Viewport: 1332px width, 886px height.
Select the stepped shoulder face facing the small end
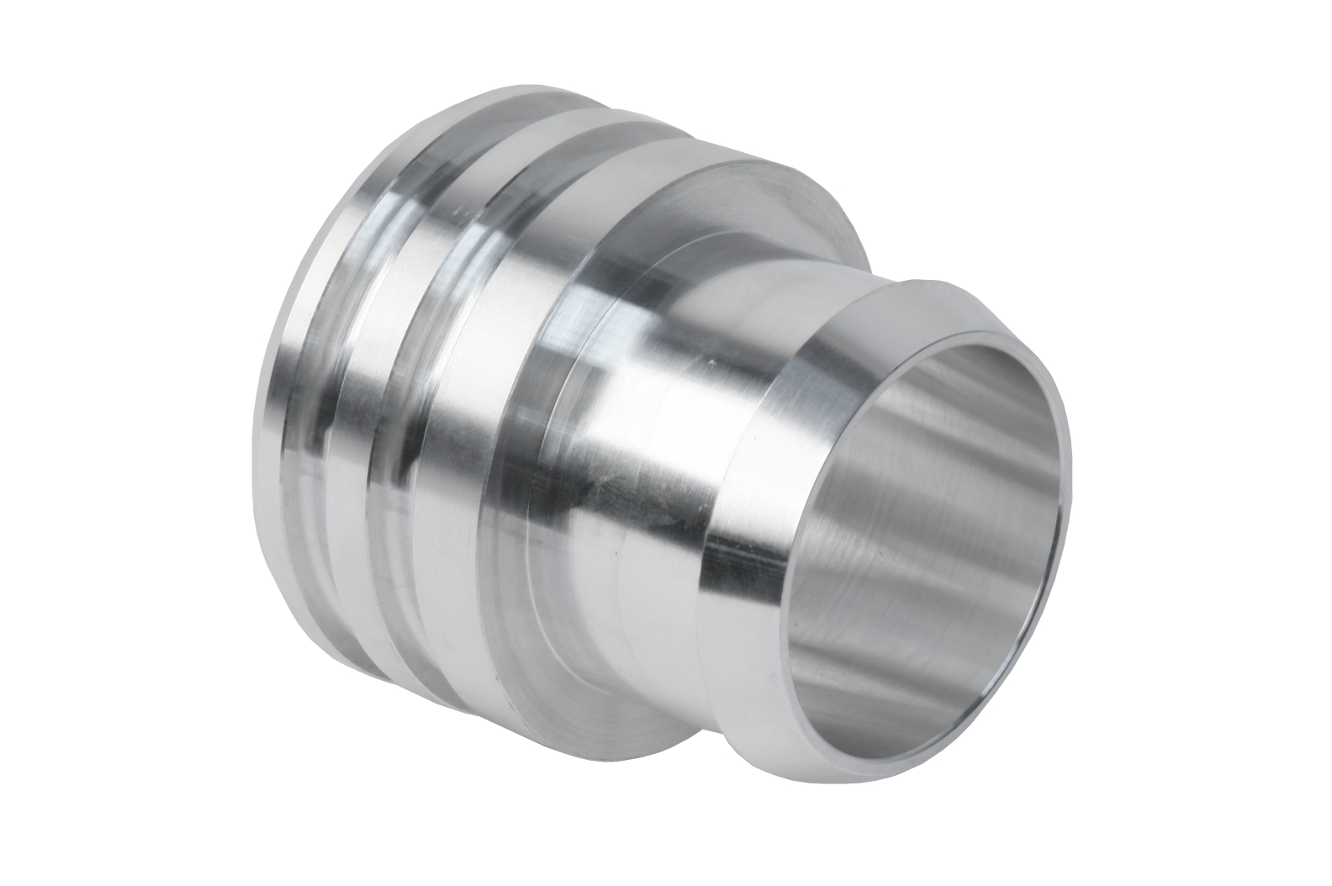pyautogui.click(x=740, y=210)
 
